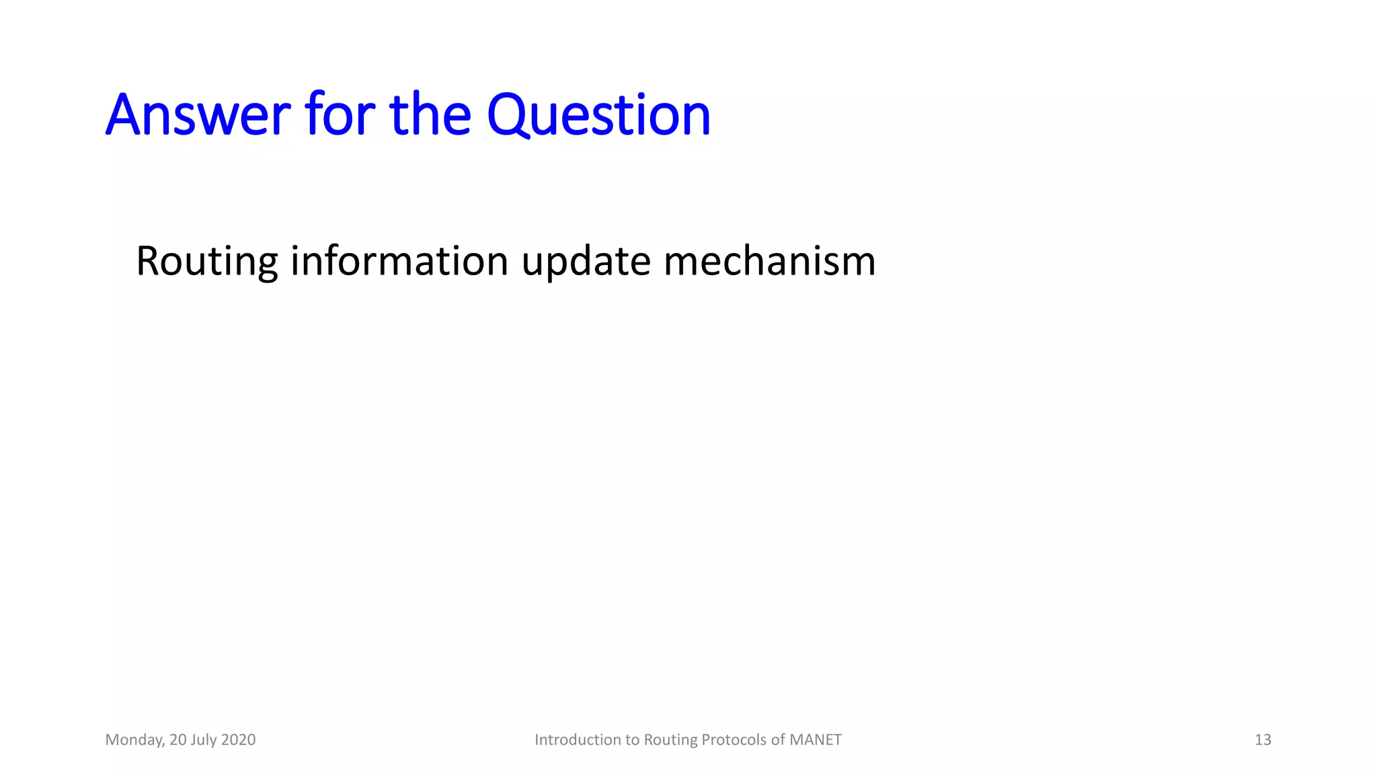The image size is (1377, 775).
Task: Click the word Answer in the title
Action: click(198, 116)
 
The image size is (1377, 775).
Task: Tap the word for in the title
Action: click(340, 114)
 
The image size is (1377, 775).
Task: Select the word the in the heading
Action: click(430, 114)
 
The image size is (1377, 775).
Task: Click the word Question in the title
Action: click(598, 116)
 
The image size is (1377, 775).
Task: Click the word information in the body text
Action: click(399, 261)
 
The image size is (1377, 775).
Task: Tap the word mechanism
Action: click(769, 261)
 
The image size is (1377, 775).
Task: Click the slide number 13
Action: click(1263, 740)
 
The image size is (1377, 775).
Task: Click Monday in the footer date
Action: click(134, 740)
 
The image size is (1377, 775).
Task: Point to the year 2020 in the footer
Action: click(238, 740)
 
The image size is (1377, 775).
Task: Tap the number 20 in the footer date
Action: click(178, 740)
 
